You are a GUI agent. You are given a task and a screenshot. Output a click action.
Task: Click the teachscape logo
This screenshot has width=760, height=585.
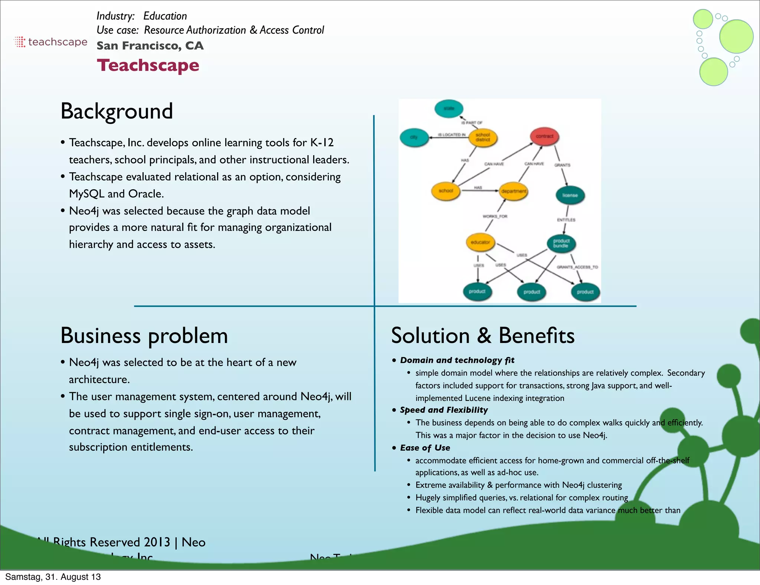(51, 42)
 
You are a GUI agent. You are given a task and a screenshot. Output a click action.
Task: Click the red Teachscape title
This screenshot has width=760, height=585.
(148, 65)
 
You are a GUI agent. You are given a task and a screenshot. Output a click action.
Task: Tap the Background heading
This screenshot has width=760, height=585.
(117, 111)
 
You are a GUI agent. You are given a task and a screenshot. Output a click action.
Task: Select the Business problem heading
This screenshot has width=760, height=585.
(144, 336)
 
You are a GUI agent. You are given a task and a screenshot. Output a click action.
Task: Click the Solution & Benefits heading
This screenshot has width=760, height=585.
(482, 336)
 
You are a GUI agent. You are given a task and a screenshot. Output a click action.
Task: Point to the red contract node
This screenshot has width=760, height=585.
(544, 136)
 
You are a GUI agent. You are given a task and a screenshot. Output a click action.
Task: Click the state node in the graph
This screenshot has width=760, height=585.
(449, 108)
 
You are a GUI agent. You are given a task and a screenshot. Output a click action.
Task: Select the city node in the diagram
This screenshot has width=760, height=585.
(414, 137)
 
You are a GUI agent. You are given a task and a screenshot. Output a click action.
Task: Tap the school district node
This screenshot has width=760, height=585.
(482, 137)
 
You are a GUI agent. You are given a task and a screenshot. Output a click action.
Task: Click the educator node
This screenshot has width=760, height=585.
(480, 242)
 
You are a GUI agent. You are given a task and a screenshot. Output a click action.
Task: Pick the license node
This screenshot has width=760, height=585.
(570, 195)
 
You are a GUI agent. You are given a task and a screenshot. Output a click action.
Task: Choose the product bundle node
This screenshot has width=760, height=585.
(561, 244)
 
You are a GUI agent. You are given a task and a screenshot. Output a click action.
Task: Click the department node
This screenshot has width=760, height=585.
(514, 191)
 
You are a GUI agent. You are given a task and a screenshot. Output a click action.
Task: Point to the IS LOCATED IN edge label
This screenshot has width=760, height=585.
(452, 135)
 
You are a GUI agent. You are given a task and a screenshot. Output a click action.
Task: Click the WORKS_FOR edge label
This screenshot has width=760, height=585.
(495, 216)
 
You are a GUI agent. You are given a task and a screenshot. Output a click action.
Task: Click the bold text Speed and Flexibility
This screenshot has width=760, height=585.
(444, 410)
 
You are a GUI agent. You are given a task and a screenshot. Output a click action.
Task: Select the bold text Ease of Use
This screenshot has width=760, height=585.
(425, 448)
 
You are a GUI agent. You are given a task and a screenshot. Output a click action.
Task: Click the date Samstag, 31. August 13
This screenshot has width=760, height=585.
(53, 577)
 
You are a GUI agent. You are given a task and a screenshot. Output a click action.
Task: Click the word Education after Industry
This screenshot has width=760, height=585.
(165, 16)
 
